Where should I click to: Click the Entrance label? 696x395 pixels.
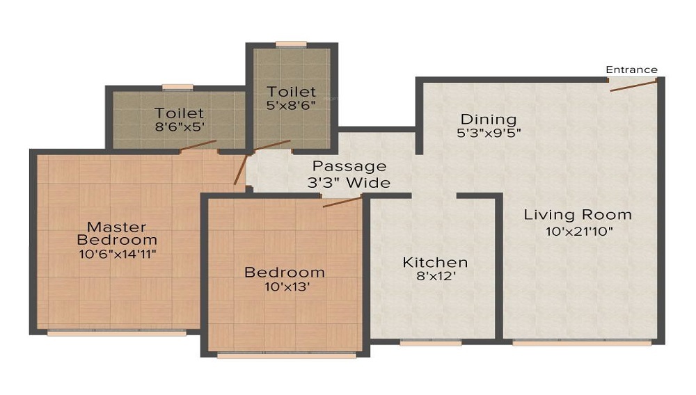[x=632, y=70]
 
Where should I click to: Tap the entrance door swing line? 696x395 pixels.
[x=633, y=86]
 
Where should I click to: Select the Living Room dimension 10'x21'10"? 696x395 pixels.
[x=579, y=232]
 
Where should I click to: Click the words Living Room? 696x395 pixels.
[x=578, y=215]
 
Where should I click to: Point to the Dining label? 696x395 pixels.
[x=489, y=119]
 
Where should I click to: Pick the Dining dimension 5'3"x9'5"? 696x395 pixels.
[x=489, y=133]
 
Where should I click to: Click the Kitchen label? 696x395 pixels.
[x=435, y=262]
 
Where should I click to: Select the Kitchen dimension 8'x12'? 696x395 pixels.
[x=436, y=276]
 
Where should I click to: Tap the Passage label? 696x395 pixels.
[x=349, y=166]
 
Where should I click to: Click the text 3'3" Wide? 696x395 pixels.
[x=349, y=183]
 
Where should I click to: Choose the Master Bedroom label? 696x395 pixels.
[x=117, y=234]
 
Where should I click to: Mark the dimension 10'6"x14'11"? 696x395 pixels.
[x=118, y=255]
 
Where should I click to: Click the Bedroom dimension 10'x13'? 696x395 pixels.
[x=287, y=287]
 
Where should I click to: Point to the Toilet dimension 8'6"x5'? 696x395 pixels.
[x=180, y=127]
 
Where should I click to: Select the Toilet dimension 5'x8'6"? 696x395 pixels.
[x=291, y=106]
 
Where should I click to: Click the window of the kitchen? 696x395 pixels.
[x=431, y=343]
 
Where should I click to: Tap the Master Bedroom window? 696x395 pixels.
[x=117, y=333]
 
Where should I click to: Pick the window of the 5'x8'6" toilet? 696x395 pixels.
[x=291, y=45]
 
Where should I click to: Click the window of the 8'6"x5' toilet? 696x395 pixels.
[x=177, y=88]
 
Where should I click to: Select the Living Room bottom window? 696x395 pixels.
[x=582, y=343]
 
